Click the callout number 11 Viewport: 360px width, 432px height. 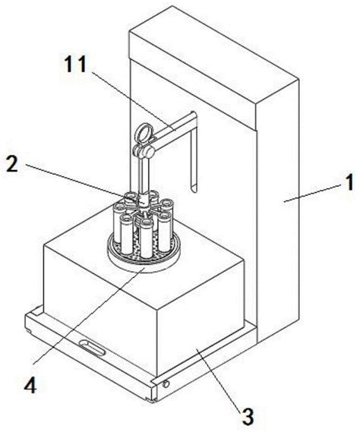click(75, 64)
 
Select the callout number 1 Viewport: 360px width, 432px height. click(350, 182)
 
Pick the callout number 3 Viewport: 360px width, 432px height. click(248, 416)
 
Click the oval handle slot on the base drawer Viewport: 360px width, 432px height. click(92, 347)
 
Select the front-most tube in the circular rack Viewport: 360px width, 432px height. click(146, 238)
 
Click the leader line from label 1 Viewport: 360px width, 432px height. click(313, 193)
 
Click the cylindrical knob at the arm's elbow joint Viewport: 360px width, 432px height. click(148, 151)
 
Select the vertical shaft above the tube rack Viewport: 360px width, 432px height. click(144, 175)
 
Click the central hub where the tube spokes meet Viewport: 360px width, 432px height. click(144, 205)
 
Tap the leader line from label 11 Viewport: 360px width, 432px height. click(134, 102)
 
